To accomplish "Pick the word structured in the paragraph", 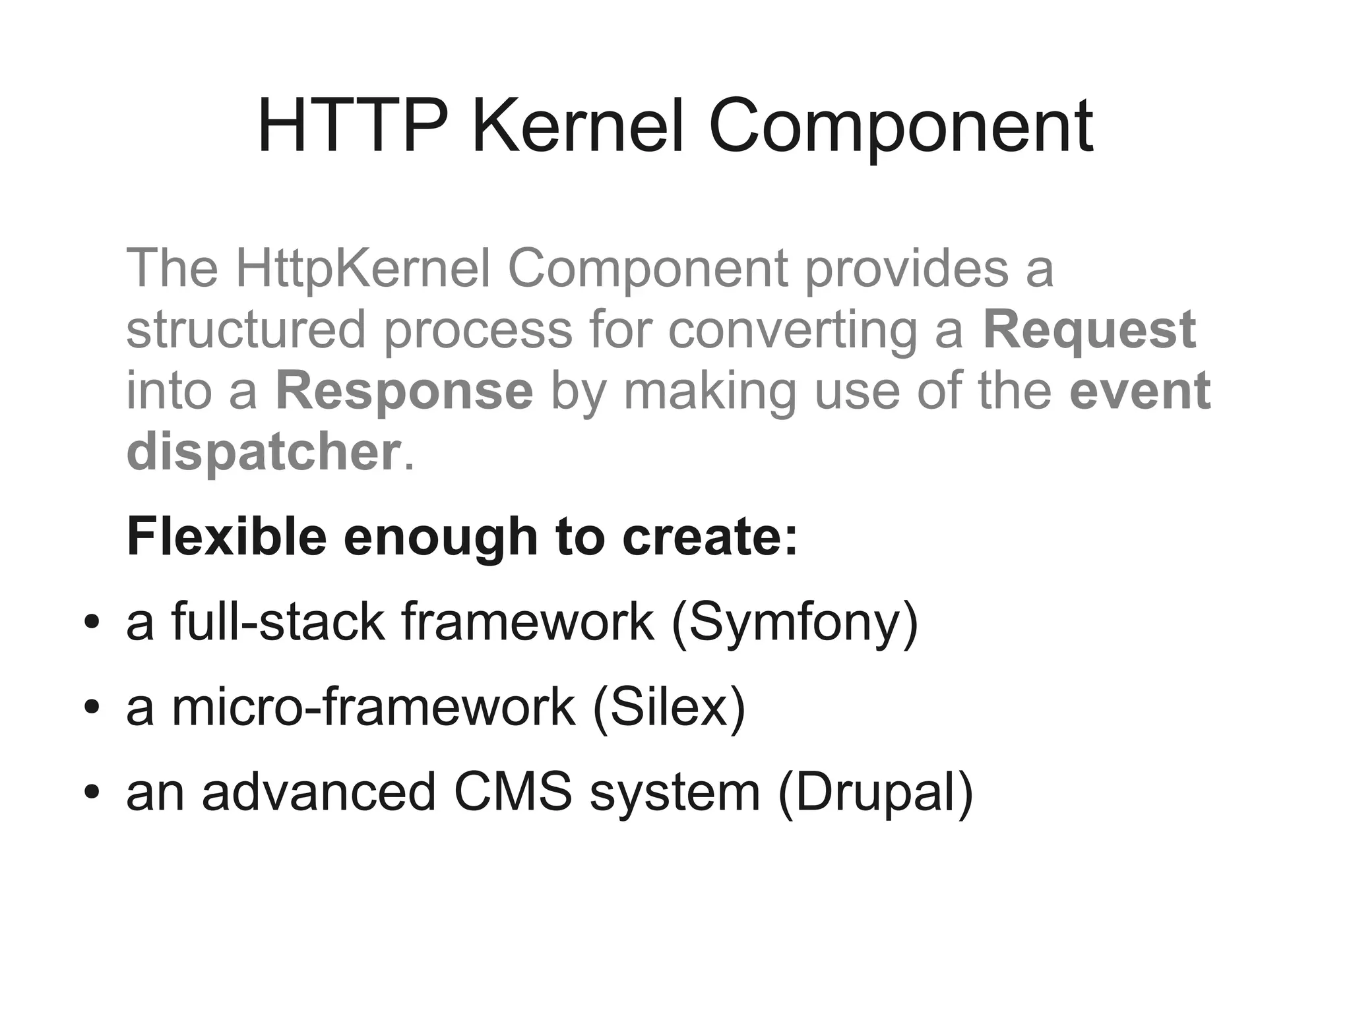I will click(245, 330).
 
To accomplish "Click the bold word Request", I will click(1089, 330).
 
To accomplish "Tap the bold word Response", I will click(404, 390).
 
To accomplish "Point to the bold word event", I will click(1140, 390).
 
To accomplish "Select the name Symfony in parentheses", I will click(795, 623).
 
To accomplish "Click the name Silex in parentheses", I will click(669, 707).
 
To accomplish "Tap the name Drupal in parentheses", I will click(875, 793).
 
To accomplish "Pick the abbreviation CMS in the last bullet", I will click(513, 792).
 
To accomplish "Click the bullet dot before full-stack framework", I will click(92, 622).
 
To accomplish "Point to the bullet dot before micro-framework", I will click(92, 707).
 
